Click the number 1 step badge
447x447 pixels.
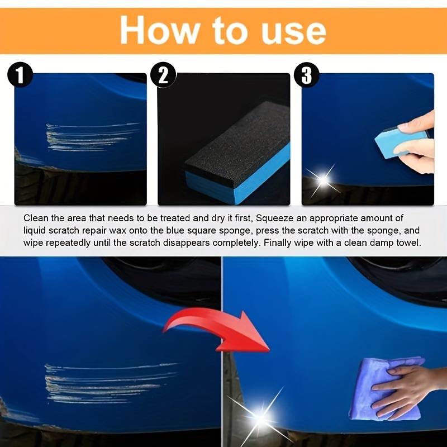[20, 75]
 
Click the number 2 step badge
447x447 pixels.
[163, 75]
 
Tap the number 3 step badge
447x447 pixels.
[306, 75]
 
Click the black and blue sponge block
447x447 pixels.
[238, 153]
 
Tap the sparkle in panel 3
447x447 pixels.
[322, 180]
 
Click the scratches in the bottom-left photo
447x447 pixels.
[110, 383]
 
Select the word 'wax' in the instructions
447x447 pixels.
[117, 231]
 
